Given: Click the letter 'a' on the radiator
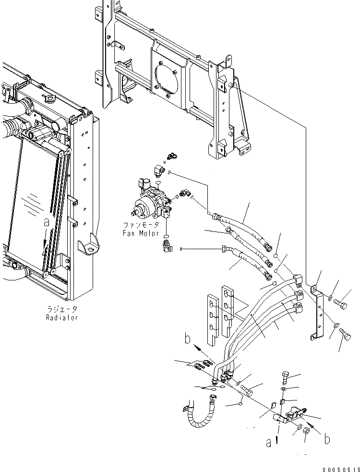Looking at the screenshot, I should (46, 223).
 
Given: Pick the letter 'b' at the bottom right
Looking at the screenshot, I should (327, 439).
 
